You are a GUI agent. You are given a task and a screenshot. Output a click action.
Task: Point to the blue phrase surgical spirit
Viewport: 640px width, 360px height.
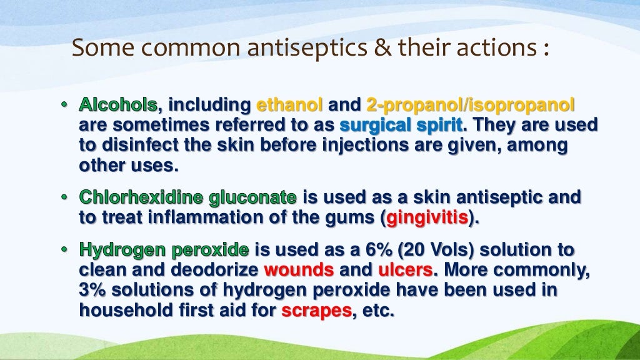click(x=401, y=125)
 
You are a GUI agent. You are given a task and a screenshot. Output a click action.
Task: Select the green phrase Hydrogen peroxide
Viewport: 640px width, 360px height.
click(x=164, y=251)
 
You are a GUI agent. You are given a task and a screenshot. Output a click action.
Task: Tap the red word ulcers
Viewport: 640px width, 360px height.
click(x=400, y=271)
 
